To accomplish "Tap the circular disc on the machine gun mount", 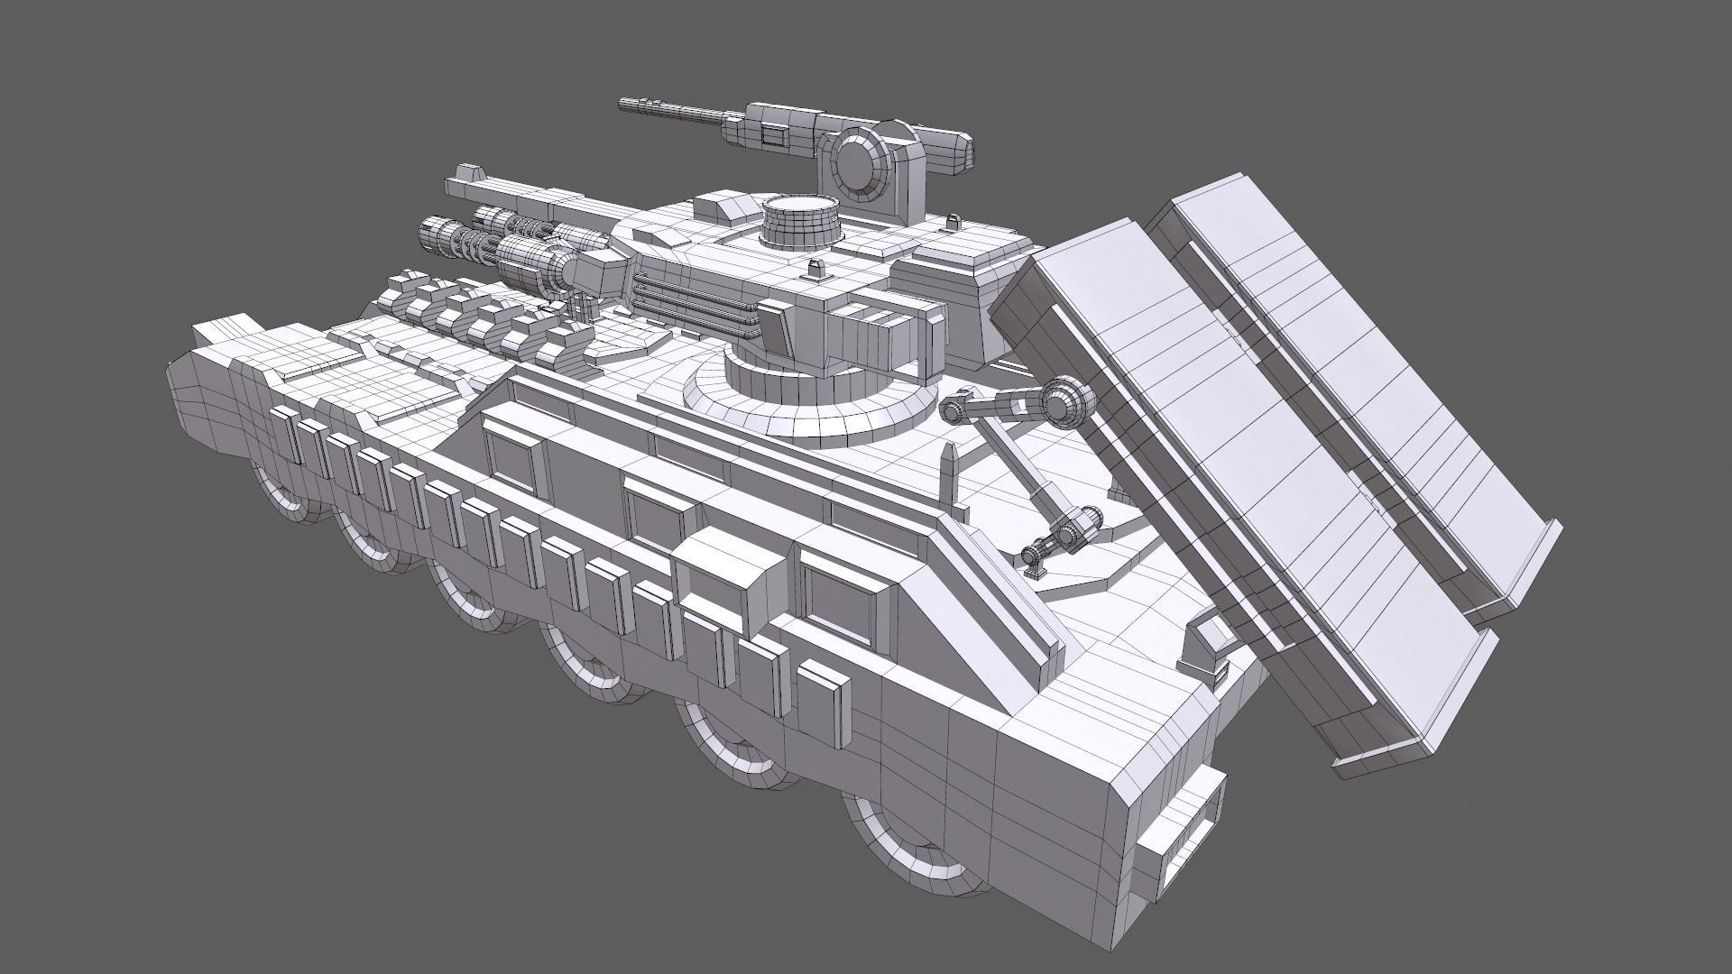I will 858,162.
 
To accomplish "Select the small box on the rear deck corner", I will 1209,645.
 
